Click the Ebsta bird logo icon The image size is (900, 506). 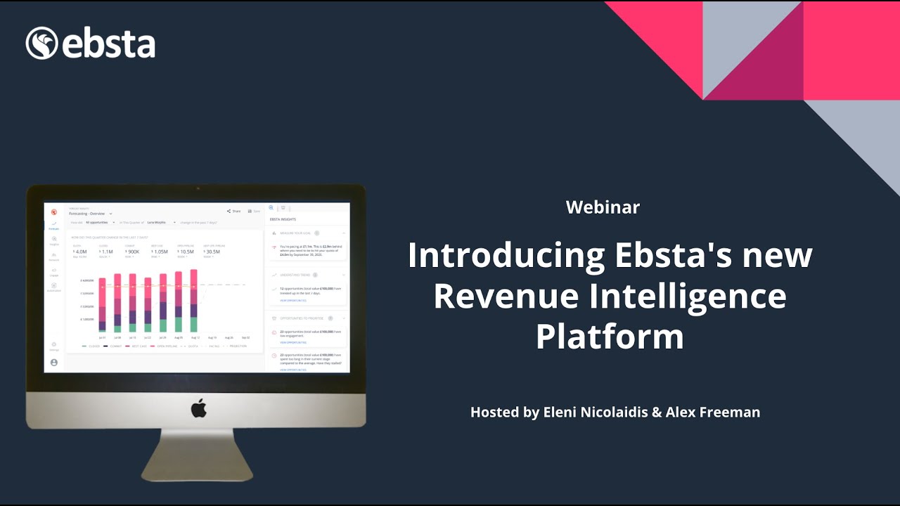point(41,43)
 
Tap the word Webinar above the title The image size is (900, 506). point(603,207)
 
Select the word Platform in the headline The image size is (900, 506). point(610,337)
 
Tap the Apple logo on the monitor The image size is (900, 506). point(199,408)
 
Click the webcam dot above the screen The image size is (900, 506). point(198,188)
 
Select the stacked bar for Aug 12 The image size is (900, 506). point(193,301)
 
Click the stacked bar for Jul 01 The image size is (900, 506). point(103,304)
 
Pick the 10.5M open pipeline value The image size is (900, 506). point(186,252)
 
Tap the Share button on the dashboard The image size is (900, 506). point(233,211)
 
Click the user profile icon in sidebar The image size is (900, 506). point(54,363)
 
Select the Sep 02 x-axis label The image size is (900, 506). point(245,338)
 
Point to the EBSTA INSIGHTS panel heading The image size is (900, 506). point(282,220)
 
